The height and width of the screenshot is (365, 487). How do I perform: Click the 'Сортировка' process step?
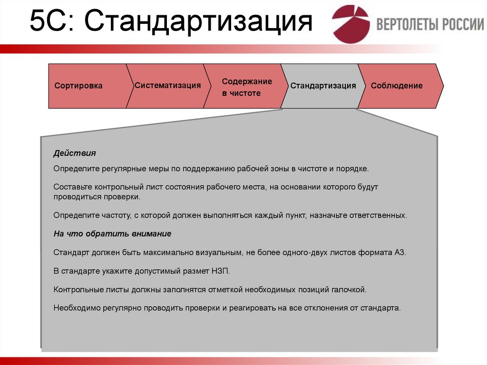(78, 86)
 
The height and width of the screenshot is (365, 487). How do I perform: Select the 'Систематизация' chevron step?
(167, 86)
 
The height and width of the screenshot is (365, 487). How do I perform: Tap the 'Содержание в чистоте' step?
(246, 88)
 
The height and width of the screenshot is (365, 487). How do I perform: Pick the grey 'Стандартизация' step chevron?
(323, 86)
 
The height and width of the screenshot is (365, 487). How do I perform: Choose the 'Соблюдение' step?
(396, 86)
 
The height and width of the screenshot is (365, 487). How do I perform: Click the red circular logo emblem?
(351, 24)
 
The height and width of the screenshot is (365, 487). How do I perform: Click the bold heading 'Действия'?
(75, 154)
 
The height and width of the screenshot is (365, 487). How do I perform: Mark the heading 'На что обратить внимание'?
(112, 234)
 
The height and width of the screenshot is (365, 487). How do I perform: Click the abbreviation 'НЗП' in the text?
(221, 271)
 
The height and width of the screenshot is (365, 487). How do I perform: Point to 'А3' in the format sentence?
(400, 253)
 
